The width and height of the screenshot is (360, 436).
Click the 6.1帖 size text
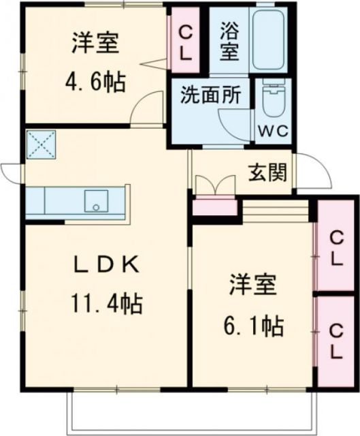[x=256, y=326]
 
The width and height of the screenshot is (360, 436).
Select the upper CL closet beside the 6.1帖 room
[x=336, y=247]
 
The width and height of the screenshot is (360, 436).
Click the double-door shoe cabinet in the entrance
[x=213, y=185]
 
